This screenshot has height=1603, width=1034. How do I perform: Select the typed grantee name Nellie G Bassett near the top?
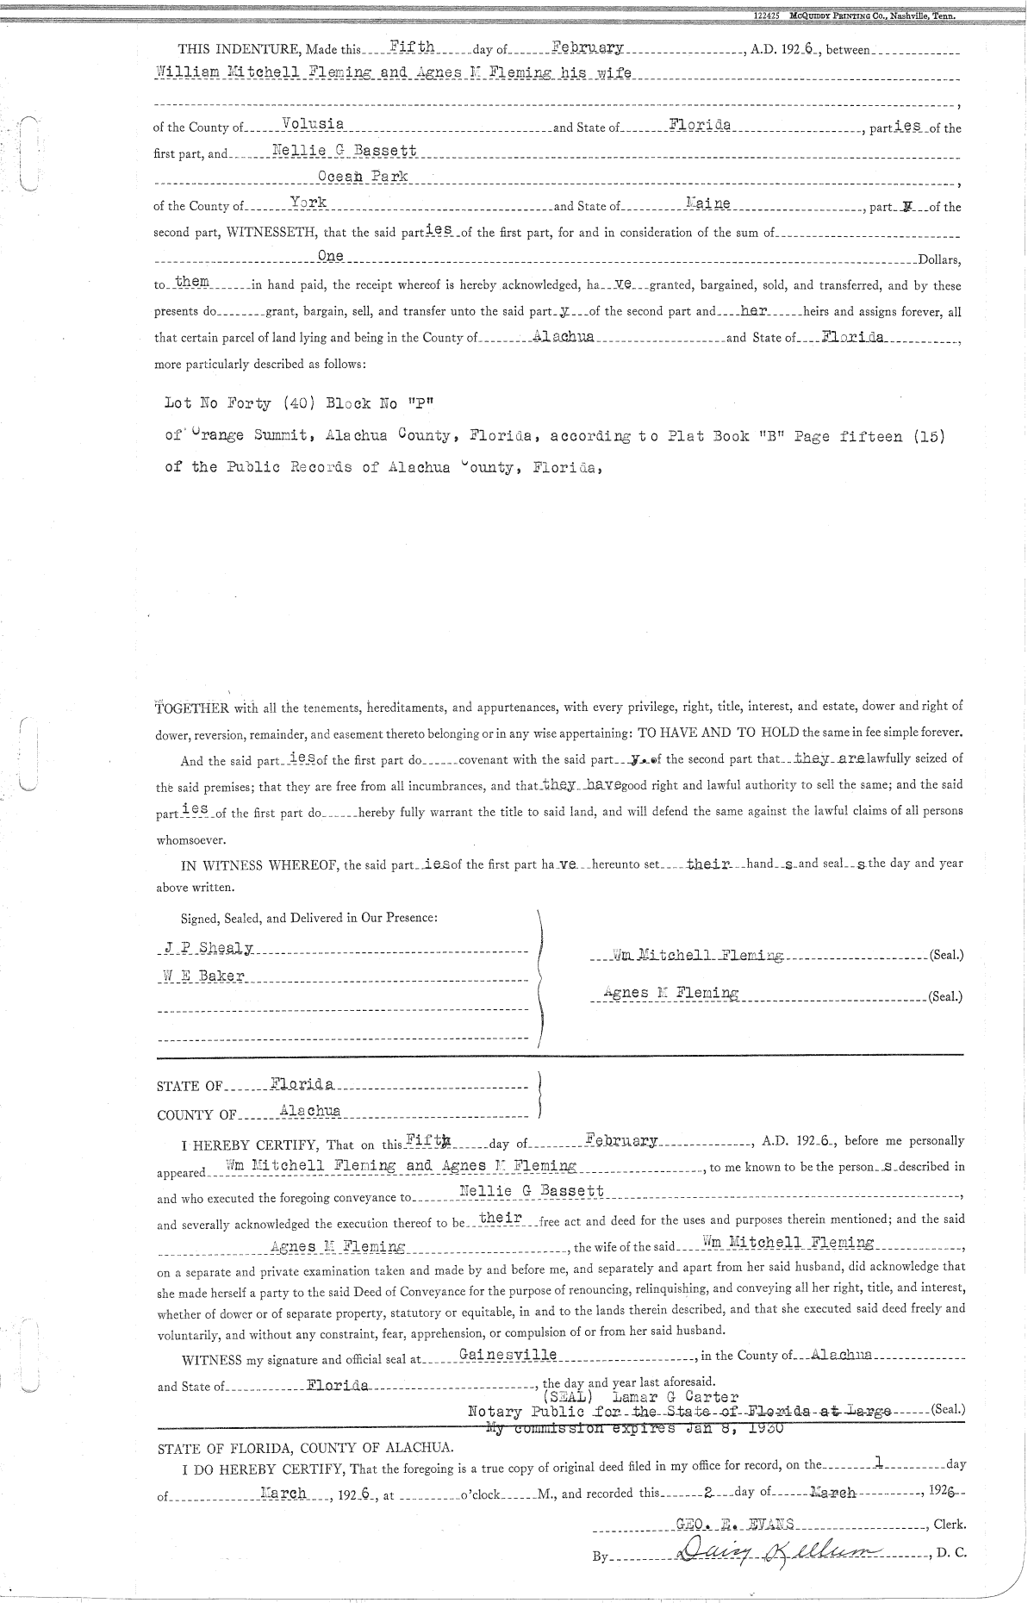click(x=345, y=151)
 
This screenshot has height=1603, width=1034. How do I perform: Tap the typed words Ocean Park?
click(x=363, y=177)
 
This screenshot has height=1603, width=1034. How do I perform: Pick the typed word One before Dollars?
click(x=330, y=256)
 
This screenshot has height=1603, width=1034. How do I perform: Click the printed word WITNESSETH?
click(x=272, y=233)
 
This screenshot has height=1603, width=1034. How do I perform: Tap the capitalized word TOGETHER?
click(x=190, y=708)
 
